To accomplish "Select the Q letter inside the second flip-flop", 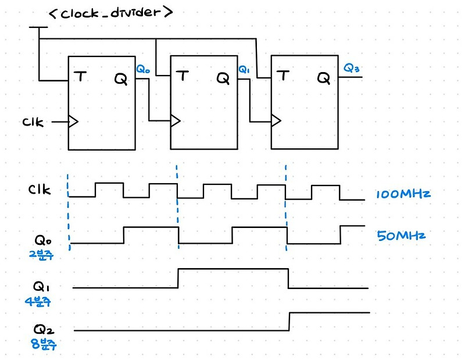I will click(x=223, y=77).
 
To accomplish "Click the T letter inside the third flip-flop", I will click(x=283, y=76).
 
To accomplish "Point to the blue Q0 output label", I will click(x=143, y=69).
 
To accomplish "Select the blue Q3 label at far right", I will click(x=352, y=69).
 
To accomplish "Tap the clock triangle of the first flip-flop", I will click(x=73, y=122).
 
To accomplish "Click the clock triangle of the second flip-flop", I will click(x=175, y=120).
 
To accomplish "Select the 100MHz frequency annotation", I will click(x=403, y=194).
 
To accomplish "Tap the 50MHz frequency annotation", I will click(x=401, y=236).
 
